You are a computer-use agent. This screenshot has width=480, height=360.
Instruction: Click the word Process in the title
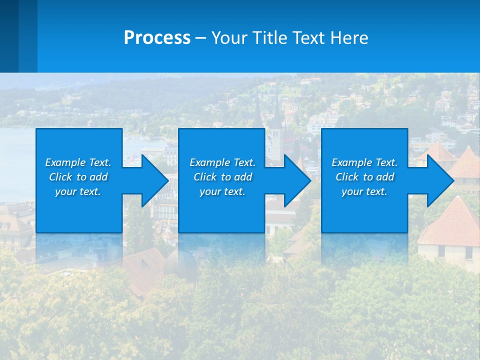click(x=157, y=38)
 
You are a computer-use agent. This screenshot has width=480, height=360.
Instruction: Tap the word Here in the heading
click(x=349, y=38)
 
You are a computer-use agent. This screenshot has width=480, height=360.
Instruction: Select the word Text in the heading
click(x=309, y=38)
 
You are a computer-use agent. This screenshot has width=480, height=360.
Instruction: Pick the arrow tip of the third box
click(x=452, y=180)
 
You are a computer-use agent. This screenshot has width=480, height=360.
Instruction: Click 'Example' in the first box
click(x=65, y=162)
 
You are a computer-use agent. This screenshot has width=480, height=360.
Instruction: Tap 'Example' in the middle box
click(x=209, y=162)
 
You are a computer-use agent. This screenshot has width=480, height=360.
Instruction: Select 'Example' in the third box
click(x=351, y=162)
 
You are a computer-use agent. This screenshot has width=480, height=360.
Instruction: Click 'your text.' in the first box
click(x=78, y=191)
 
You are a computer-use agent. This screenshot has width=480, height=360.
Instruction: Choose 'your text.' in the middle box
click(x=222, y=191)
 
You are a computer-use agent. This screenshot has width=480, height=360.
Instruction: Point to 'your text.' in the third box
click(x=364, y=191)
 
